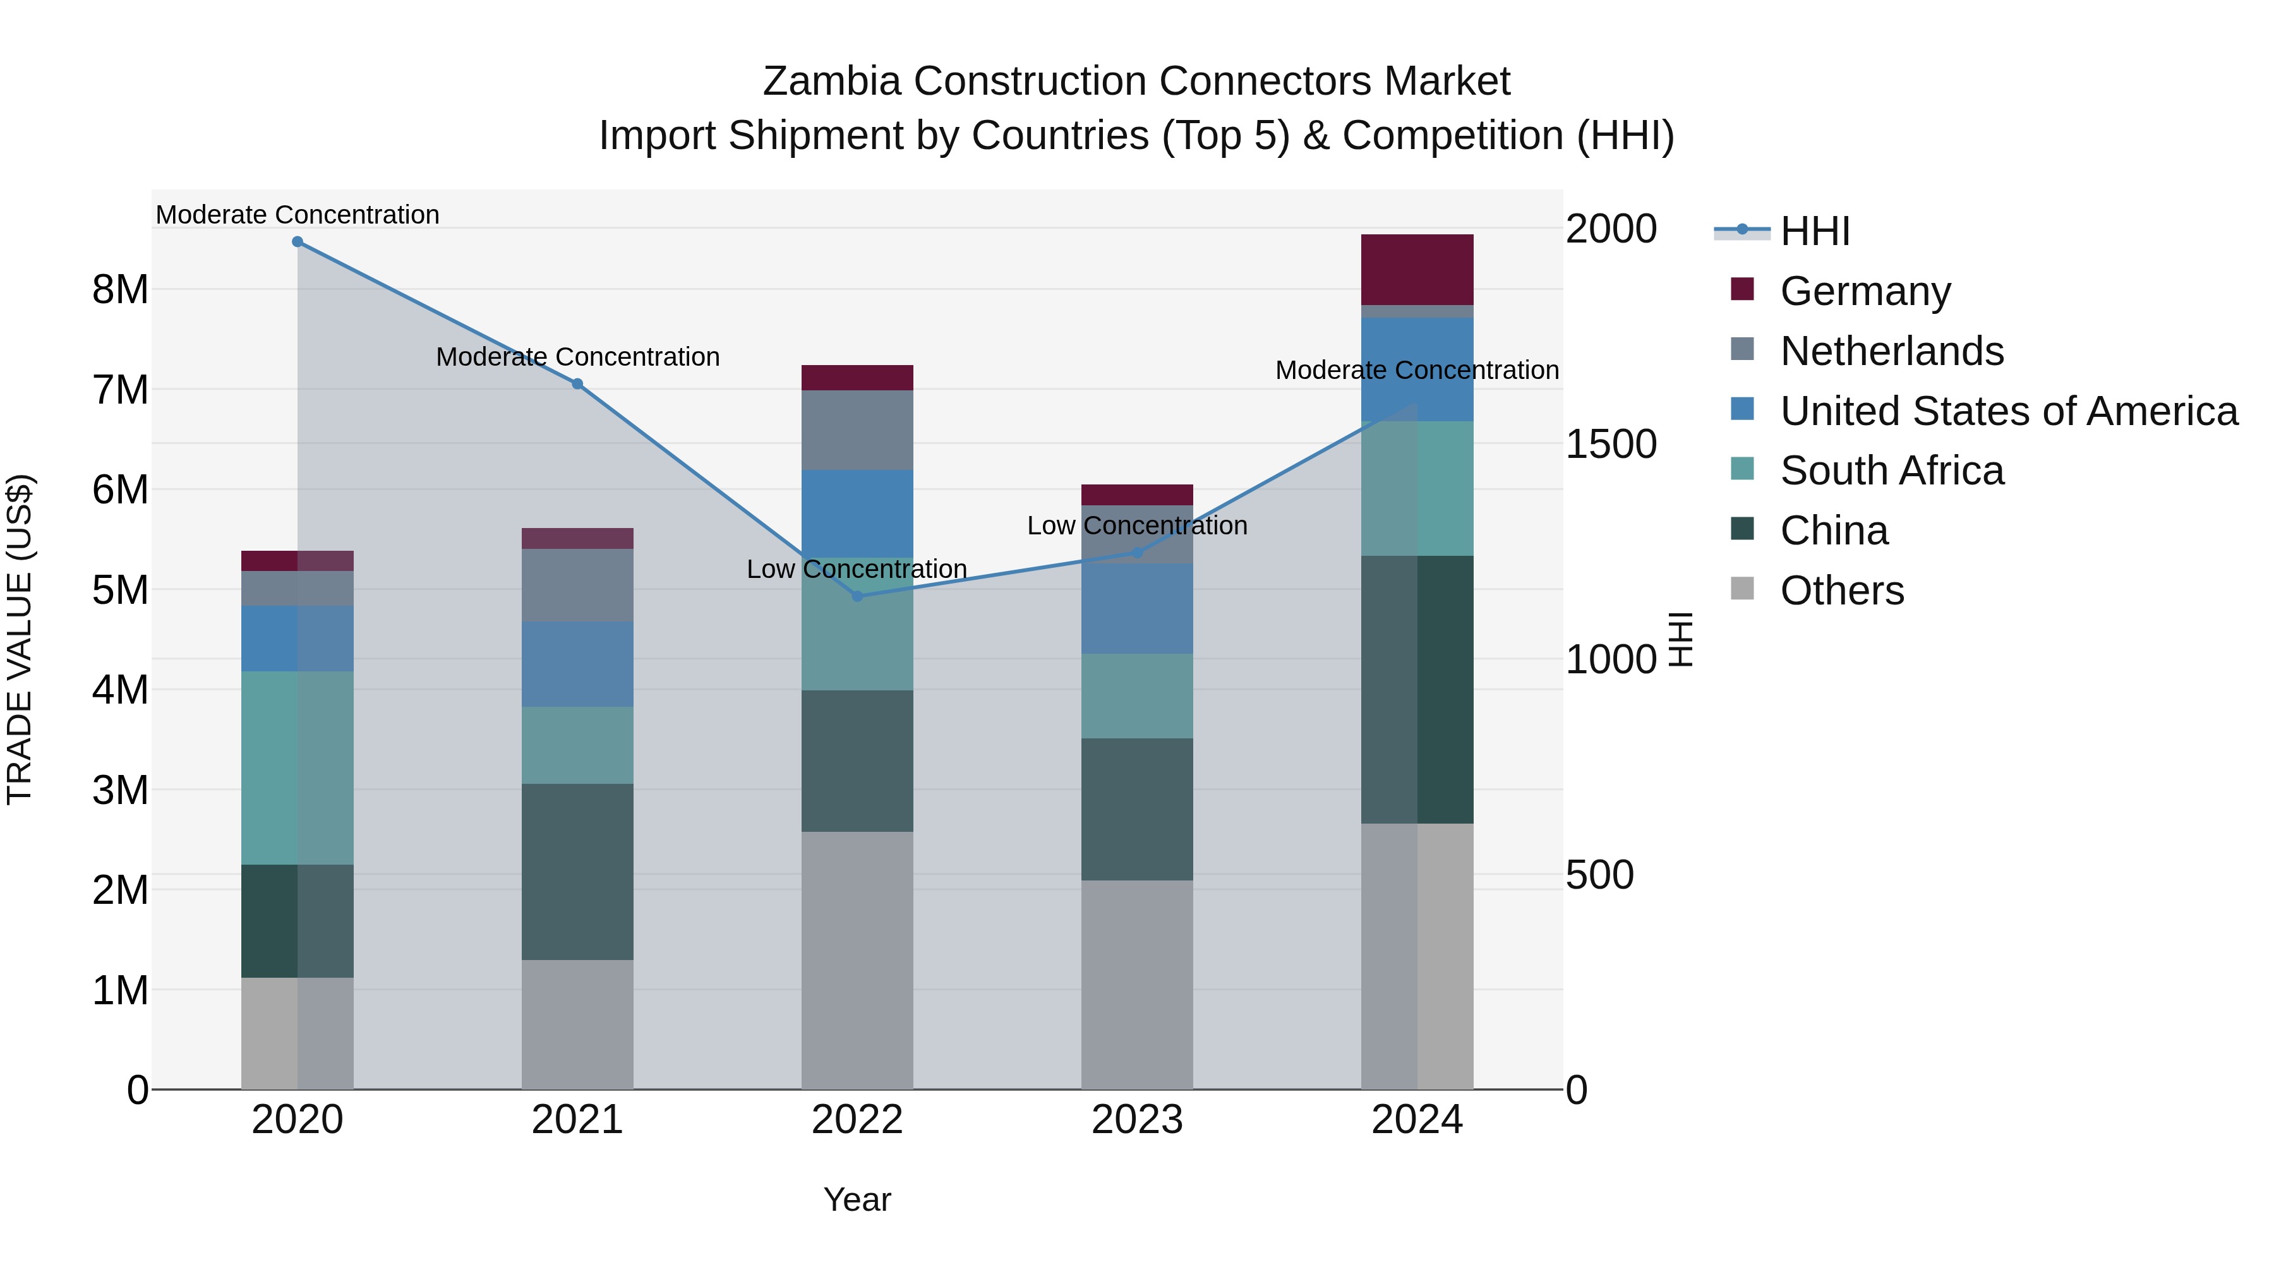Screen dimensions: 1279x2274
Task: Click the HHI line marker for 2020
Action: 298,242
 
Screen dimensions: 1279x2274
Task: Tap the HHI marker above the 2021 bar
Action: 577,384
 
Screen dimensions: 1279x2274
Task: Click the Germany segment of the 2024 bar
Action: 1417,269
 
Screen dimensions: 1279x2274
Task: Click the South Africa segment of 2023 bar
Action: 1137,695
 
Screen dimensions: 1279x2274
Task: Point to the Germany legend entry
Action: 1865,291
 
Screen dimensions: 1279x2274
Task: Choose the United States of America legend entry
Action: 2008,411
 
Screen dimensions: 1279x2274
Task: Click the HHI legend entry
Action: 1814,231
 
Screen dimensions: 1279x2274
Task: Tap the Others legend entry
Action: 1841,591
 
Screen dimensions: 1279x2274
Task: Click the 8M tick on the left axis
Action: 120,289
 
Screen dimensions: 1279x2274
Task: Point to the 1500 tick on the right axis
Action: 1610,444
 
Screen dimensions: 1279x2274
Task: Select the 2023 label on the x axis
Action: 1137,1120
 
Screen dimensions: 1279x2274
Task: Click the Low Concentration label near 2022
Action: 857,569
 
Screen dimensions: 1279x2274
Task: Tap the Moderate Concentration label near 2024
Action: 1416,370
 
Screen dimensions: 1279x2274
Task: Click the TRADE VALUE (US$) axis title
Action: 20,639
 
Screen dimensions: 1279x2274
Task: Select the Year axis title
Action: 857,1199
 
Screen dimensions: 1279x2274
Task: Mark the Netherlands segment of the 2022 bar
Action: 857,430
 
